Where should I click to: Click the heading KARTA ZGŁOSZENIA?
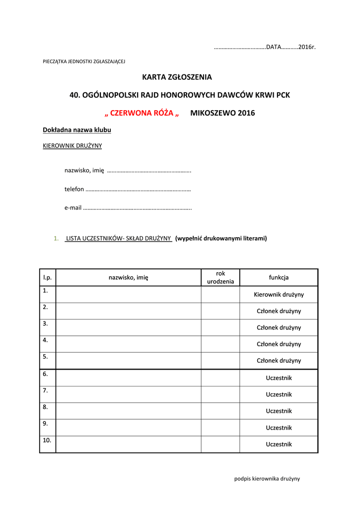[177, 77]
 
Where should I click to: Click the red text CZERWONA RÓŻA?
[142, 113]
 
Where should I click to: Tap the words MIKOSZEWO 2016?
[222, 113]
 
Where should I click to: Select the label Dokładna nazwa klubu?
[77, 130]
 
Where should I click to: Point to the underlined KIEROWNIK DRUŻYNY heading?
[72, 146]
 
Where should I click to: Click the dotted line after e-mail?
[137, 208]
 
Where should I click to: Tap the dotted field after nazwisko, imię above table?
[149, 171]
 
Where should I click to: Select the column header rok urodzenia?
[220, 278]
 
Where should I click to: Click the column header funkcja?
[279, 278]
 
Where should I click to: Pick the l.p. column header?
[48, 278]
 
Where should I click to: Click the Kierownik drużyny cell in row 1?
[279, 295]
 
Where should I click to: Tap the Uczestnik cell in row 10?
[279, 444]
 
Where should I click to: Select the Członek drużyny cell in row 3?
[279, 328]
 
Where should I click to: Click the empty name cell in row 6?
[128, 378]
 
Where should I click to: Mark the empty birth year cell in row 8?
[220, 411]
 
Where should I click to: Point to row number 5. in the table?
[46, 357]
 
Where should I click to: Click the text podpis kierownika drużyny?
[267, 479]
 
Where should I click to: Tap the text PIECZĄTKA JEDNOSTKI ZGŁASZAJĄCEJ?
[84, 62]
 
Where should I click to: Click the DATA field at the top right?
[265, 47]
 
